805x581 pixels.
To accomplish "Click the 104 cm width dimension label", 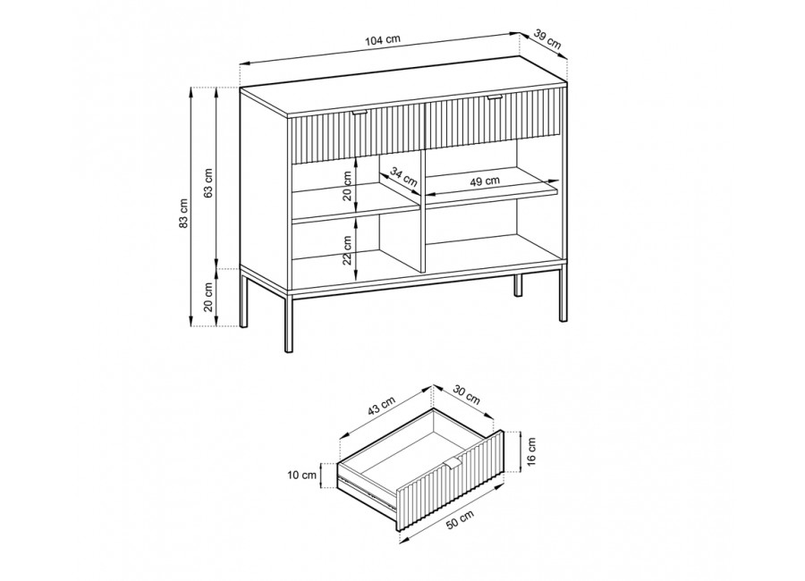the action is (383, 40).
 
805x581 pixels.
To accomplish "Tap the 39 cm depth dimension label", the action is (547, 39).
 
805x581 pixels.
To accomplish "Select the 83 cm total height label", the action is (184, 212).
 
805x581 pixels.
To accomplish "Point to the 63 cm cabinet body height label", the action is (208, 182).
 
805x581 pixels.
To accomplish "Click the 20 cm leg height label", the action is (208, 297).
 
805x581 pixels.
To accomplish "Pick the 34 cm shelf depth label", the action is (403, 177).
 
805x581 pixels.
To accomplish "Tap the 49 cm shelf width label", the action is (485, 181).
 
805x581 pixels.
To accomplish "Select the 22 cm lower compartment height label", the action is (348, 250).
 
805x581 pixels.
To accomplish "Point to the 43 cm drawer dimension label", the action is (381, 407).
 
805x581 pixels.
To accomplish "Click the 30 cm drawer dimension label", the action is (466, 394).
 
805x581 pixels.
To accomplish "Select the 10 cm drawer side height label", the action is (302, 476).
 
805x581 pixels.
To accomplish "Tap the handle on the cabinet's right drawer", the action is (496, 97).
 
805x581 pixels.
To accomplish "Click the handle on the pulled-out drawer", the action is (453, 464).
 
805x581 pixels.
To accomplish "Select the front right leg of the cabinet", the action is (563, 294).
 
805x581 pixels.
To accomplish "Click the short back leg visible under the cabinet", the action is (518, 286).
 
